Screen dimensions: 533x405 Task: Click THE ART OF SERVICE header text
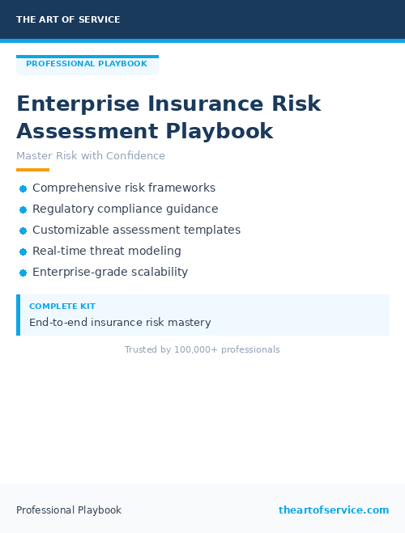(68, 19)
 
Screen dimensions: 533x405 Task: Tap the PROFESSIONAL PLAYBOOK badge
(87, 64)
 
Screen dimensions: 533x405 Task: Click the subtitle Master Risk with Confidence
(91, 156)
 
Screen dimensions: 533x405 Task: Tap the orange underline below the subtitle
(32, 170)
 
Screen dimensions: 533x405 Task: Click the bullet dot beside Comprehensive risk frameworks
(23, 188)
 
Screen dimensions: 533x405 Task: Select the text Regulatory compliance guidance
(125, 209)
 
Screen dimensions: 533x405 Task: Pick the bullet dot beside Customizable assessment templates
(23, 231)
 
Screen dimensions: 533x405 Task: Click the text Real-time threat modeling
(107, 251)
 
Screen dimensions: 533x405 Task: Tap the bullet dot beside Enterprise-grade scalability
(23, 273)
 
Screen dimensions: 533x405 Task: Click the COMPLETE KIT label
(62, 307)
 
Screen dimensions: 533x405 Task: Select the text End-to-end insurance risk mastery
(120, 322)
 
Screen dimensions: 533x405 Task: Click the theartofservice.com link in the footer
(334, 510)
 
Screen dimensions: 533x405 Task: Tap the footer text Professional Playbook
(69, 510)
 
